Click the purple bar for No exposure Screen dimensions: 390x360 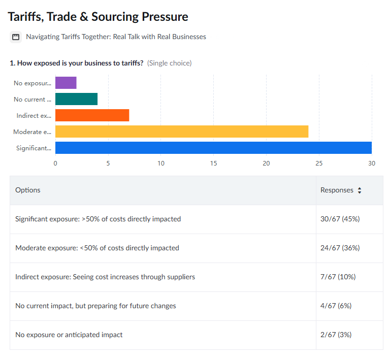pyautogui.click(x=66, y=83)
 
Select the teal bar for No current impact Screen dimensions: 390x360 pyautogui.click(x=76, y=99)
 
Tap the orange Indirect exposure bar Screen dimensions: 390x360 pyautogui.click(x=92, y=115)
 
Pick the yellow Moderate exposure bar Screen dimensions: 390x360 pyautogui.click(x=182, y=132)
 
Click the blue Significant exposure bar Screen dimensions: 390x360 pyautogui.click(x=213, y=148)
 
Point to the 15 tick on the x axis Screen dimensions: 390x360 pyautogui.click(x=213, y=163)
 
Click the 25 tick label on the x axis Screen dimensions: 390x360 pyautogui.click(x=319, y=163)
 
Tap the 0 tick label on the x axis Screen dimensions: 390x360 pyautogui.click(x=55, y=163)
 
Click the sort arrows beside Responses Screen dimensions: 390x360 pyautogui.click(x=360, y=190)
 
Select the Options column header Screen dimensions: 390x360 pyautogui.click(x=28, y=190)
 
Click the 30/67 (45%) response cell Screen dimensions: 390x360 pyautogui.click(x=340, y=219)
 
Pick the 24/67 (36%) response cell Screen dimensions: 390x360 pyautogui.click(x=340, y=248)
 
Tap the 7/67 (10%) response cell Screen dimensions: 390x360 pyautogui.click(x=338, y=277)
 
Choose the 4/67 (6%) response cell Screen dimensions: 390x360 pyautogui.click(x=336, y=306)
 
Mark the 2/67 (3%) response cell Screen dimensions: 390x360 pyautogui.click(x=336, y=335)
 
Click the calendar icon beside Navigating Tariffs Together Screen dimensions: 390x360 pyautogui.click(x=16, y=37)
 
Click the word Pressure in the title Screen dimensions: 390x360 pyautogui.click(x=165, y=17)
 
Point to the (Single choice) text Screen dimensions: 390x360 pyautogui.click(x=170, y=63)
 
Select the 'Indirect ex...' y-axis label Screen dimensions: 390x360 pyautogui.click(x=34, y=116)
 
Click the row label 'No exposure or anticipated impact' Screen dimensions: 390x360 pyautogui.click(x=69, y=335)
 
